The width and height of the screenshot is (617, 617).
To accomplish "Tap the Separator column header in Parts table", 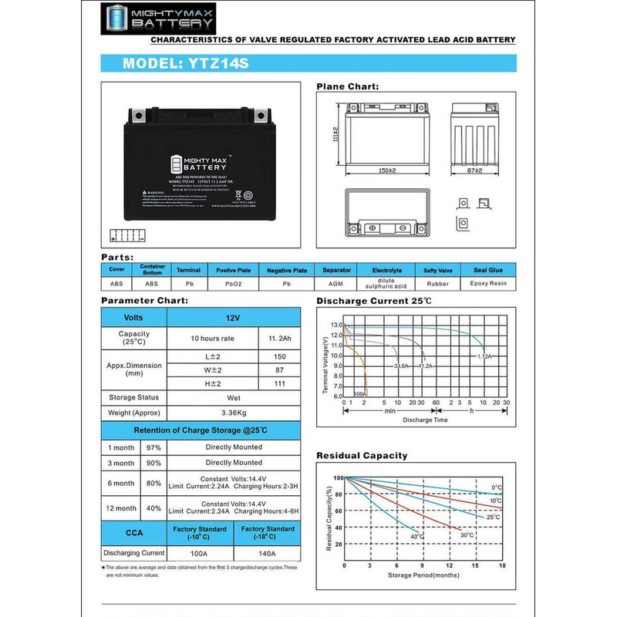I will [336, 271].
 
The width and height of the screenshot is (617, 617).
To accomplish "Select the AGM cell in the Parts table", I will [336, 284].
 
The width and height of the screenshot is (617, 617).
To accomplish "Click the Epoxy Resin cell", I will [488, 284].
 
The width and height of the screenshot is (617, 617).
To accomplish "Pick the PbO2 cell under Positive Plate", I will [233, 284].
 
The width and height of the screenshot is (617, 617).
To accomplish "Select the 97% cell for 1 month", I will [153, 447].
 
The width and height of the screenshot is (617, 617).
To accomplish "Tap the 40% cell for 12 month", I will [153, 507].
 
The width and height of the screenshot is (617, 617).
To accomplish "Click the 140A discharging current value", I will [268, 553].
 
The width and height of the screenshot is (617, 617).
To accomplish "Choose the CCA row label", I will [133, 532].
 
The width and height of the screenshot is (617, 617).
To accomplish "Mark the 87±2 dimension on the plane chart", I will [474, 170].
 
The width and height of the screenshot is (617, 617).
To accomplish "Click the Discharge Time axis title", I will [424, 420].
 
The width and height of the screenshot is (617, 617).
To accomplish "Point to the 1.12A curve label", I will [484, 356].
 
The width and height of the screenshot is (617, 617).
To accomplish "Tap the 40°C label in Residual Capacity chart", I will [417, 537].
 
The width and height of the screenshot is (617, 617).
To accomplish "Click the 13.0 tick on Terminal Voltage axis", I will [336, 325].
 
